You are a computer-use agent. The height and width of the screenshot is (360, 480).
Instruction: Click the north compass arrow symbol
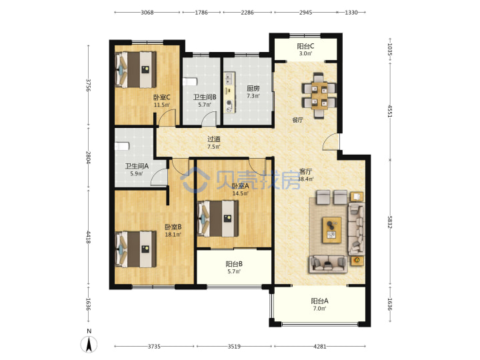coord(89,344)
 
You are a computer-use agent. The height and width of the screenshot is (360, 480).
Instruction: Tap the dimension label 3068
coord(147,13)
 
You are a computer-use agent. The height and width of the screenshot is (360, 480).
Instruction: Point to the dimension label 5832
coord(390,222)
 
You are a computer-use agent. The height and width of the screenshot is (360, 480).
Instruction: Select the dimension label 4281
coord(320,347)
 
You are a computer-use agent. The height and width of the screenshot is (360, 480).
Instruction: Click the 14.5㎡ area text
coord(240,193)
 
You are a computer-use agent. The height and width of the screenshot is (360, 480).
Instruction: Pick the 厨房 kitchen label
coord(253,89)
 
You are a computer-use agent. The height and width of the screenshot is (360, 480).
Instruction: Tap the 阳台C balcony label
coord(305,46)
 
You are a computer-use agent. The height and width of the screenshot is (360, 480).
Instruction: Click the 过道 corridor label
coord(214,139)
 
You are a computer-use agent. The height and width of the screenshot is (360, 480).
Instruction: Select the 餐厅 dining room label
coord(297,120)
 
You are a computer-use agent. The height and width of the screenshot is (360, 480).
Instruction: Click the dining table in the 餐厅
coord(319,95)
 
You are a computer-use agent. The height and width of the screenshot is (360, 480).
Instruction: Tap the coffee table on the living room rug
coord(332,230)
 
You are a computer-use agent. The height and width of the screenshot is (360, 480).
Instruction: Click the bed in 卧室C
coord(135,70)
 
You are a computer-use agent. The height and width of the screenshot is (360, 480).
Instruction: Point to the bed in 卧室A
coord(218,219)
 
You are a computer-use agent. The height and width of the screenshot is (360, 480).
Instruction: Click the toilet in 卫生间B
coord(190,83)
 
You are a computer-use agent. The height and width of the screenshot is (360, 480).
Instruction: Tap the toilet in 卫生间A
coord(122,146)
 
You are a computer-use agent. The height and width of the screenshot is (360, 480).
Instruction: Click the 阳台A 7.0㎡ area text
coord(319,309)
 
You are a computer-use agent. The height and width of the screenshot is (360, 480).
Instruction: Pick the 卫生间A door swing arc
coord(157,175)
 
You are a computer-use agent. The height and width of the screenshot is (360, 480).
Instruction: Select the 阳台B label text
coord(234,264)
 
